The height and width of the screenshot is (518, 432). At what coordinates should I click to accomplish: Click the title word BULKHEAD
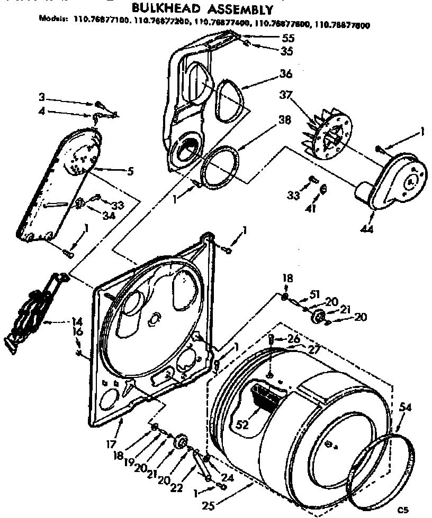pyautogui.click(x=160, y=9)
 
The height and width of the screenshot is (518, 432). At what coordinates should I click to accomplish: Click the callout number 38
pyautogui.click(x=284, y=121)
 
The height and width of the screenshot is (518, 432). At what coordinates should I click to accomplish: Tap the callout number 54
pyautogui.click(x=406, y=407)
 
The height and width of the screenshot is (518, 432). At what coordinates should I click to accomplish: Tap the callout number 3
pyautogui.click(x=41, y=97)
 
